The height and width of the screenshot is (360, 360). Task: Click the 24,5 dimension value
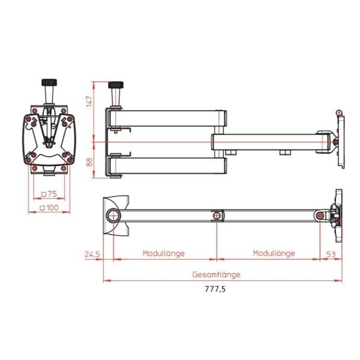pos(92,254)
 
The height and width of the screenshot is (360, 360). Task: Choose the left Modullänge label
pos(163,253)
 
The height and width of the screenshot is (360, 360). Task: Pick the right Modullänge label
pos(274,253)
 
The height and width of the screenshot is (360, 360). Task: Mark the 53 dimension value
pos(330,254)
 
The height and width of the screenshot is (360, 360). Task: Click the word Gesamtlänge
pos(216,274)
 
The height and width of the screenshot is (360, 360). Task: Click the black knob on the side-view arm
pos(114,85)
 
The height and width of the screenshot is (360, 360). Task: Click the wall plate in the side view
pos(341,139)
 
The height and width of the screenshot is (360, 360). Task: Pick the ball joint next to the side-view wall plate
pos(335,142)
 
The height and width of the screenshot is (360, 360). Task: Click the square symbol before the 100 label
pos(41,207)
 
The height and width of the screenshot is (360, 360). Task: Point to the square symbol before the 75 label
pos(44,193)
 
